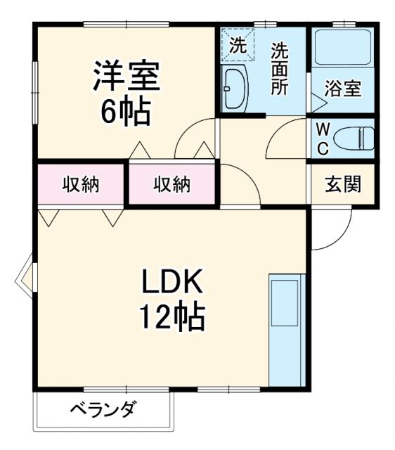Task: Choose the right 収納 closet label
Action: click(172, 185)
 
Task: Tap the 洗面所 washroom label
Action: click(280, 70)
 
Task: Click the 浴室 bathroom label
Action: click(343, 90)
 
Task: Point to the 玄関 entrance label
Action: click(343, 185)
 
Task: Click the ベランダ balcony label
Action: click(102, 410)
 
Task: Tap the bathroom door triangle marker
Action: click(318, 103)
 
